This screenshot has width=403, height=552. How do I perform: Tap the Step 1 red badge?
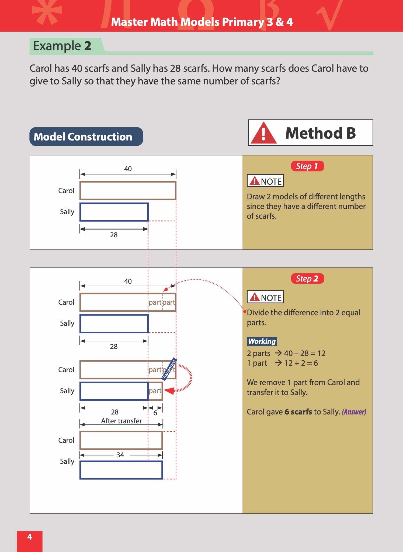[307, 166]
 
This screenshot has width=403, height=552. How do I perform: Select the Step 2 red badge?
[307, 279]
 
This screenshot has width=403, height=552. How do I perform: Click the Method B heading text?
[321, 133]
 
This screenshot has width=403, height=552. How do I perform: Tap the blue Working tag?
[262, 341]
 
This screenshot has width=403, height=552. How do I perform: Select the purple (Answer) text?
[354, 412]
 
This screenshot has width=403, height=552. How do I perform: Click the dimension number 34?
[120, 455]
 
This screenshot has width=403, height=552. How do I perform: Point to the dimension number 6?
[155, 413]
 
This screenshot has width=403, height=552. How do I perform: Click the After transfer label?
[121, 421]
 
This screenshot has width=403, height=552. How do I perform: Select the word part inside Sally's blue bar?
[155, 391]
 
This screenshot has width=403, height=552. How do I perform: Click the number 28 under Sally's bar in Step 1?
[114, 235]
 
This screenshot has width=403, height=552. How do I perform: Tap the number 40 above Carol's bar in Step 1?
[128, 169]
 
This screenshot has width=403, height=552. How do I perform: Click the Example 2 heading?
[62, 46]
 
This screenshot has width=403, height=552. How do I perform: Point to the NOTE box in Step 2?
[265, 297]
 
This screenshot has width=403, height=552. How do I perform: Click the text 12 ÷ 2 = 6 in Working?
[301, 363]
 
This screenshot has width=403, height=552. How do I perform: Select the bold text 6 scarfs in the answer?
[298, 412]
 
